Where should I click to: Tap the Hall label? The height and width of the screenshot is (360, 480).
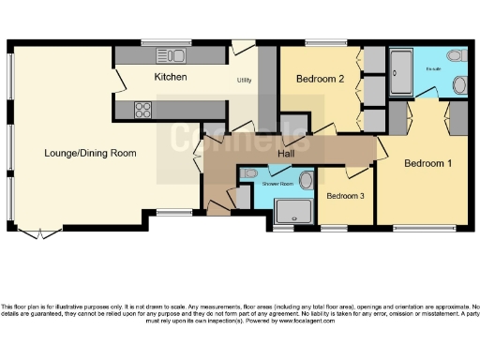click(x=289, y=153)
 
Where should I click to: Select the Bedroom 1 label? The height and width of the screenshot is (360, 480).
click(x=428, y=163)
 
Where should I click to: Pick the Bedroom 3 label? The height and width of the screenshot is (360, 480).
click(x=344, y=196)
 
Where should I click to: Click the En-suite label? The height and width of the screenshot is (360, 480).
click(x=433, y=69)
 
